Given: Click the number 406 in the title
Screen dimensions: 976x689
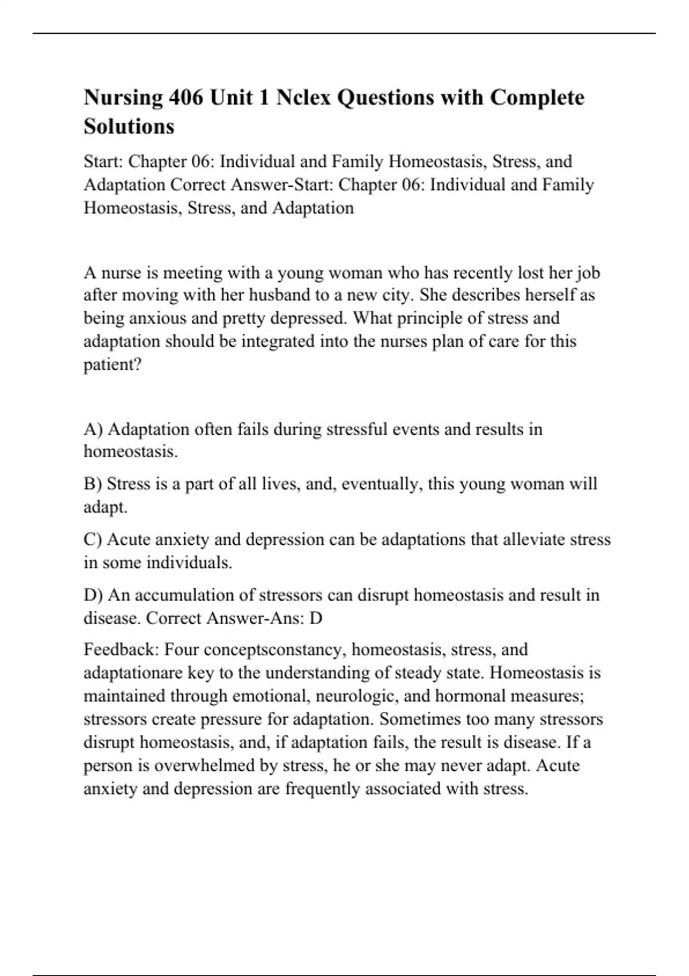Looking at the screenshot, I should (186, 98).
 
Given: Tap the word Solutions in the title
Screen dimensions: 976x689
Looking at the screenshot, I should (129, 126).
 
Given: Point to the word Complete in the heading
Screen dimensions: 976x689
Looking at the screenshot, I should (537, 98).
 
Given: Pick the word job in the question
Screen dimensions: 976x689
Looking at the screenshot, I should (588, 273).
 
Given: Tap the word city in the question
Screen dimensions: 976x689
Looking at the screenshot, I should (397, 295).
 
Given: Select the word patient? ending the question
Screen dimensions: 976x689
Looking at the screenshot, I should (113, 365).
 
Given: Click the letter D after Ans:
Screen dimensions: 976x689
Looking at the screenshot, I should (316, 618).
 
